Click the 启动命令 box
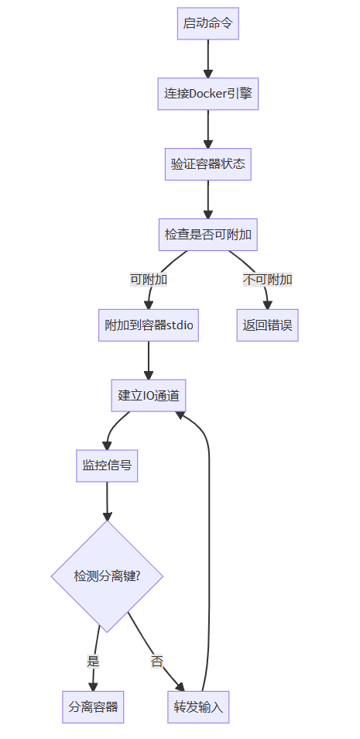207,23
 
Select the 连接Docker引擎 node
207,94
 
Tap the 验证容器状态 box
207,164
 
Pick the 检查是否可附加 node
207,234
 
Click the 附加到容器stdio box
149,325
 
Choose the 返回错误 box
267,325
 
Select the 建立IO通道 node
149,395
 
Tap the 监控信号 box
107,466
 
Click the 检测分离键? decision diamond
107,576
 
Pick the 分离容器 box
93,707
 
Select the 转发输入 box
198,707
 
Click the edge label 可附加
149,280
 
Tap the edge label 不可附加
267,280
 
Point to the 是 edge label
94,662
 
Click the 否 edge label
157,662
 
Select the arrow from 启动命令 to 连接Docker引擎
207,59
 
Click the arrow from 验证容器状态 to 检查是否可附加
207,199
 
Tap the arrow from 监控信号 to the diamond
107,501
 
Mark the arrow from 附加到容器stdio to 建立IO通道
149,360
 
